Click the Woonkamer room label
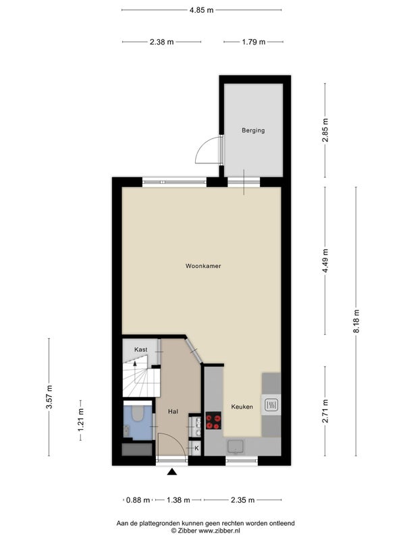203,266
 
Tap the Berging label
253,130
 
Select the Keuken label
242,407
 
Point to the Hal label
173,411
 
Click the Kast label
141,350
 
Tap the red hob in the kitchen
213,421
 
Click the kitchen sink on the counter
236,446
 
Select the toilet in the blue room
138,414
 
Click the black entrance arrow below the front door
172,472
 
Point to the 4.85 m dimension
201,10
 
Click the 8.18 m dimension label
356,321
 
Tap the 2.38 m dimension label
161,42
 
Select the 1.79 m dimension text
254,42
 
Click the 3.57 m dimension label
49,397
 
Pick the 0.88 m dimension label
138,500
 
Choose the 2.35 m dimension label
243,500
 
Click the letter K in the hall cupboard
196,448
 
